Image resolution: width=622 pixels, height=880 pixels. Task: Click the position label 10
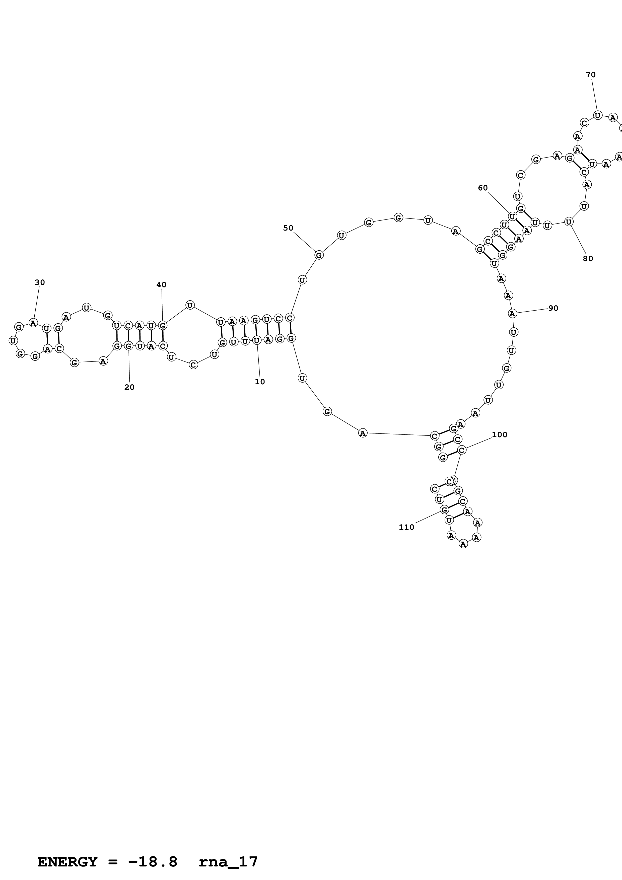pos(260,382)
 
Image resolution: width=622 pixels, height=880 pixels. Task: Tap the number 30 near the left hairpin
pos(40,282)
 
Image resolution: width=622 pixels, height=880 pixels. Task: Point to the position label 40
pos(161,285)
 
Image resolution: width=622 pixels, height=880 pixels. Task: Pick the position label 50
pos(288,228)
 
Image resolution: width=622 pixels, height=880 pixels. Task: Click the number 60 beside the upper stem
pos(483,188)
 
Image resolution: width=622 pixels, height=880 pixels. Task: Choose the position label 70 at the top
pos(591,75)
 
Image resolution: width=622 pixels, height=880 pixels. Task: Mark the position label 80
pos(588,259)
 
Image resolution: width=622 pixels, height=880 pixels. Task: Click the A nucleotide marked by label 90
pos(512,314)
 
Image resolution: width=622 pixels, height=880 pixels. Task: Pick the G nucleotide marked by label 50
pos(319,255)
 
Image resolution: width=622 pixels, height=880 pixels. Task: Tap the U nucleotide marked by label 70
pos(597,115)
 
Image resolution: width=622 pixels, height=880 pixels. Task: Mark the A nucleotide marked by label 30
pos(33,323)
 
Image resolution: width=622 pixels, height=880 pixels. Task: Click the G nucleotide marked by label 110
pos(444,510)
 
